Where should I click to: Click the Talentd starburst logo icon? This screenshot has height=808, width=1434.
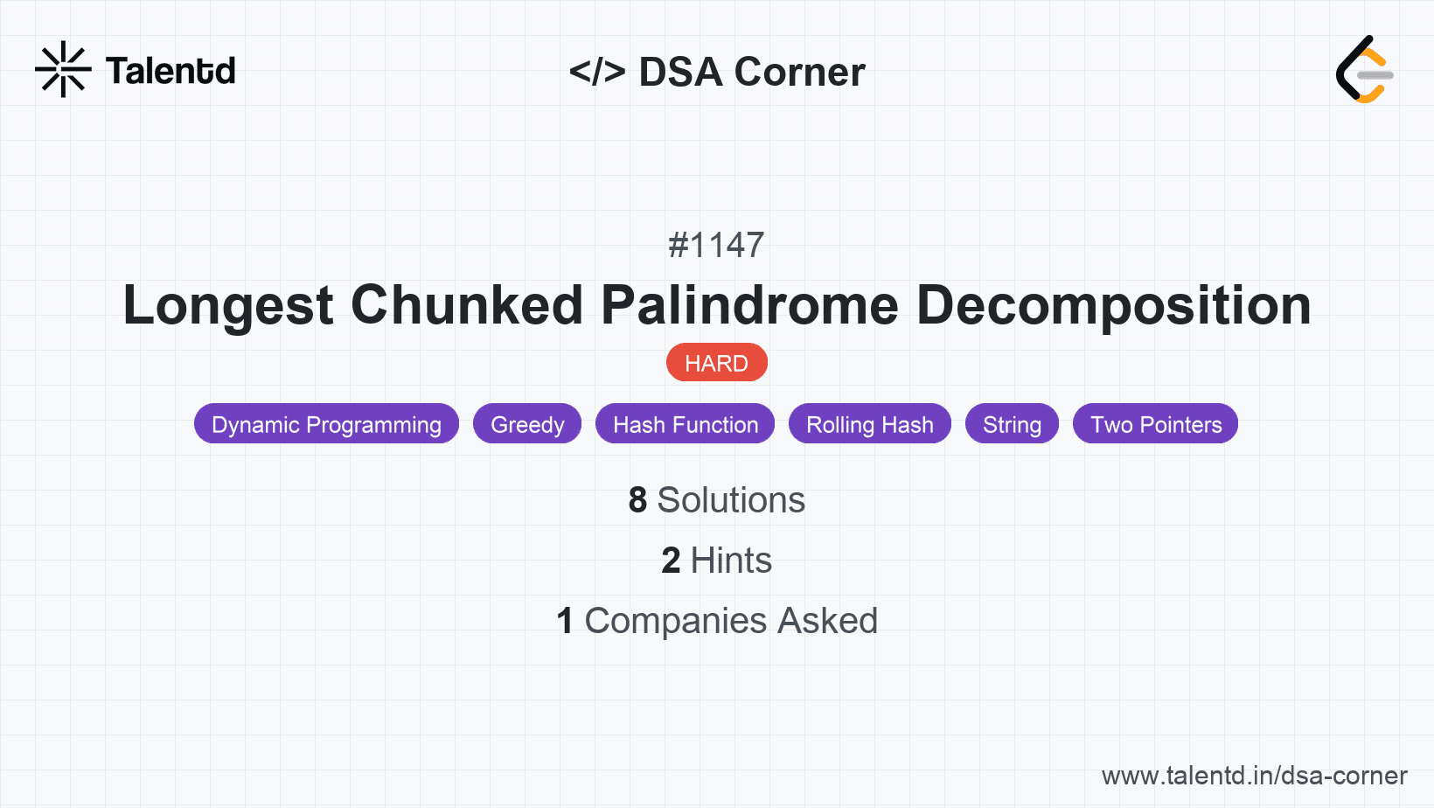click(63, 69)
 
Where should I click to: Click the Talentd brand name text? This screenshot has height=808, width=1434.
click(171, 71)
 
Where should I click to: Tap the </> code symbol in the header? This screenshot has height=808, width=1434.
click(597, 72)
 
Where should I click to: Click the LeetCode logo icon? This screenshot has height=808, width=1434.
click(1364, 70)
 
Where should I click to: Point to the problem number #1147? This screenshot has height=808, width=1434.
click(716, 245)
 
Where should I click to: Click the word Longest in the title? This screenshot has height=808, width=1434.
click(227, 305)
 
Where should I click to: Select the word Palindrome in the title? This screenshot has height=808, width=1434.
click(749, 305)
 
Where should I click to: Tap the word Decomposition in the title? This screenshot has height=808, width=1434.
click(1113, 305)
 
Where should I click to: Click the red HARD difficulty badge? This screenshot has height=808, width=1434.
click(716, 363)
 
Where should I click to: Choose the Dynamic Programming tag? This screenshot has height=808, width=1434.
click(326, 424)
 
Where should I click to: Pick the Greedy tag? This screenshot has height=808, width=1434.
click(527, 424)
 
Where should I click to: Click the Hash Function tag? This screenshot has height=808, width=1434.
click(686, 424)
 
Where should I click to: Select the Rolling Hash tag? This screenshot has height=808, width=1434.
click(870, 424)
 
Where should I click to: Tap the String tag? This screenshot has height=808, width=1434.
click(1012, 424)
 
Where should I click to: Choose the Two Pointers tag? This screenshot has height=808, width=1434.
click(1156, 424)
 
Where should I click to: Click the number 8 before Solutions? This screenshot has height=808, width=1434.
click(637, 500)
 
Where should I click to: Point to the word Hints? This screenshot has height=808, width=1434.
click(731, 561)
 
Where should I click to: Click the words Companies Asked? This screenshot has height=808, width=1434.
click(731, 621)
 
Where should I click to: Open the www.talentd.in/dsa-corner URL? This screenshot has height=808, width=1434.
click(1254, 776)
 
